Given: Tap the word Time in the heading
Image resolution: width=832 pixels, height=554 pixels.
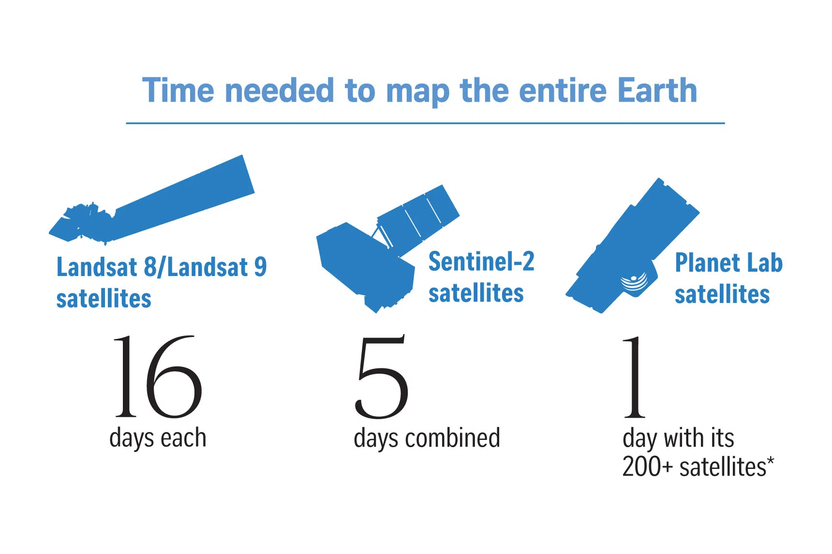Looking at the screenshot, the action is (178, 90).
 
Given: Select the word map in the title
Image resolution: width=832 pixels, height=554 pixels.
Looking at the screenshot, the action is (418, 93).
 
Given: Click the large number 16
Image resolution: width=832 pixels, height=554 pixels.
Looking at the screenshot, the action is (158, 377).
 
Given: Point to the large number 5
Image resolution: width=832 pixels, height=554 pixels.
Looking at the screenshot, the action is (381, 377).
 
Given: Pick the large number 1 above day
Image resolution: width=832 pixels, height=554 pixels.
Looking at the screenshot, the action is (634, 377).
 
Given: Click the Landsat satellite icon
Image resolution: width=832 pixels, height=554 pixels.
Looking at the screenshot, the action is (152, 199).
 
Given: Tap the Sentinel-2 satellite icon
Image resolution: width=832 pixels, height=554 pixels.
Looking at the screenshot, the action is (387, 248).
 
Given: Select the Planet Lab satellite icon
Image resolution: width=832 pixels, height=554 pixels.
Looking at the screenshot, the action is (633, 246).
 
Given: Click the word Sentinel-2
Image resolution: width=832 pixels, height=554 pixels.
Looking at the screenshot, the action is (481, 262).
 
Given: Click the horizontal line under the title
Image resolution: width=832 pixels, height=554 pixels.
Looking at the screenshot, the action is (425, 123).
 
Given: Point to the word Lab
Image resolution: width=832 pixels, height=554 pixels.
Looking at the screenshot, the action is (765, 262).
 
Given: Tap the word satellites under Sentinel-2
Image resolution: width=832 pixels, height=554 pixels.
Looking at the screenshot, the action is (476, 293).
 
